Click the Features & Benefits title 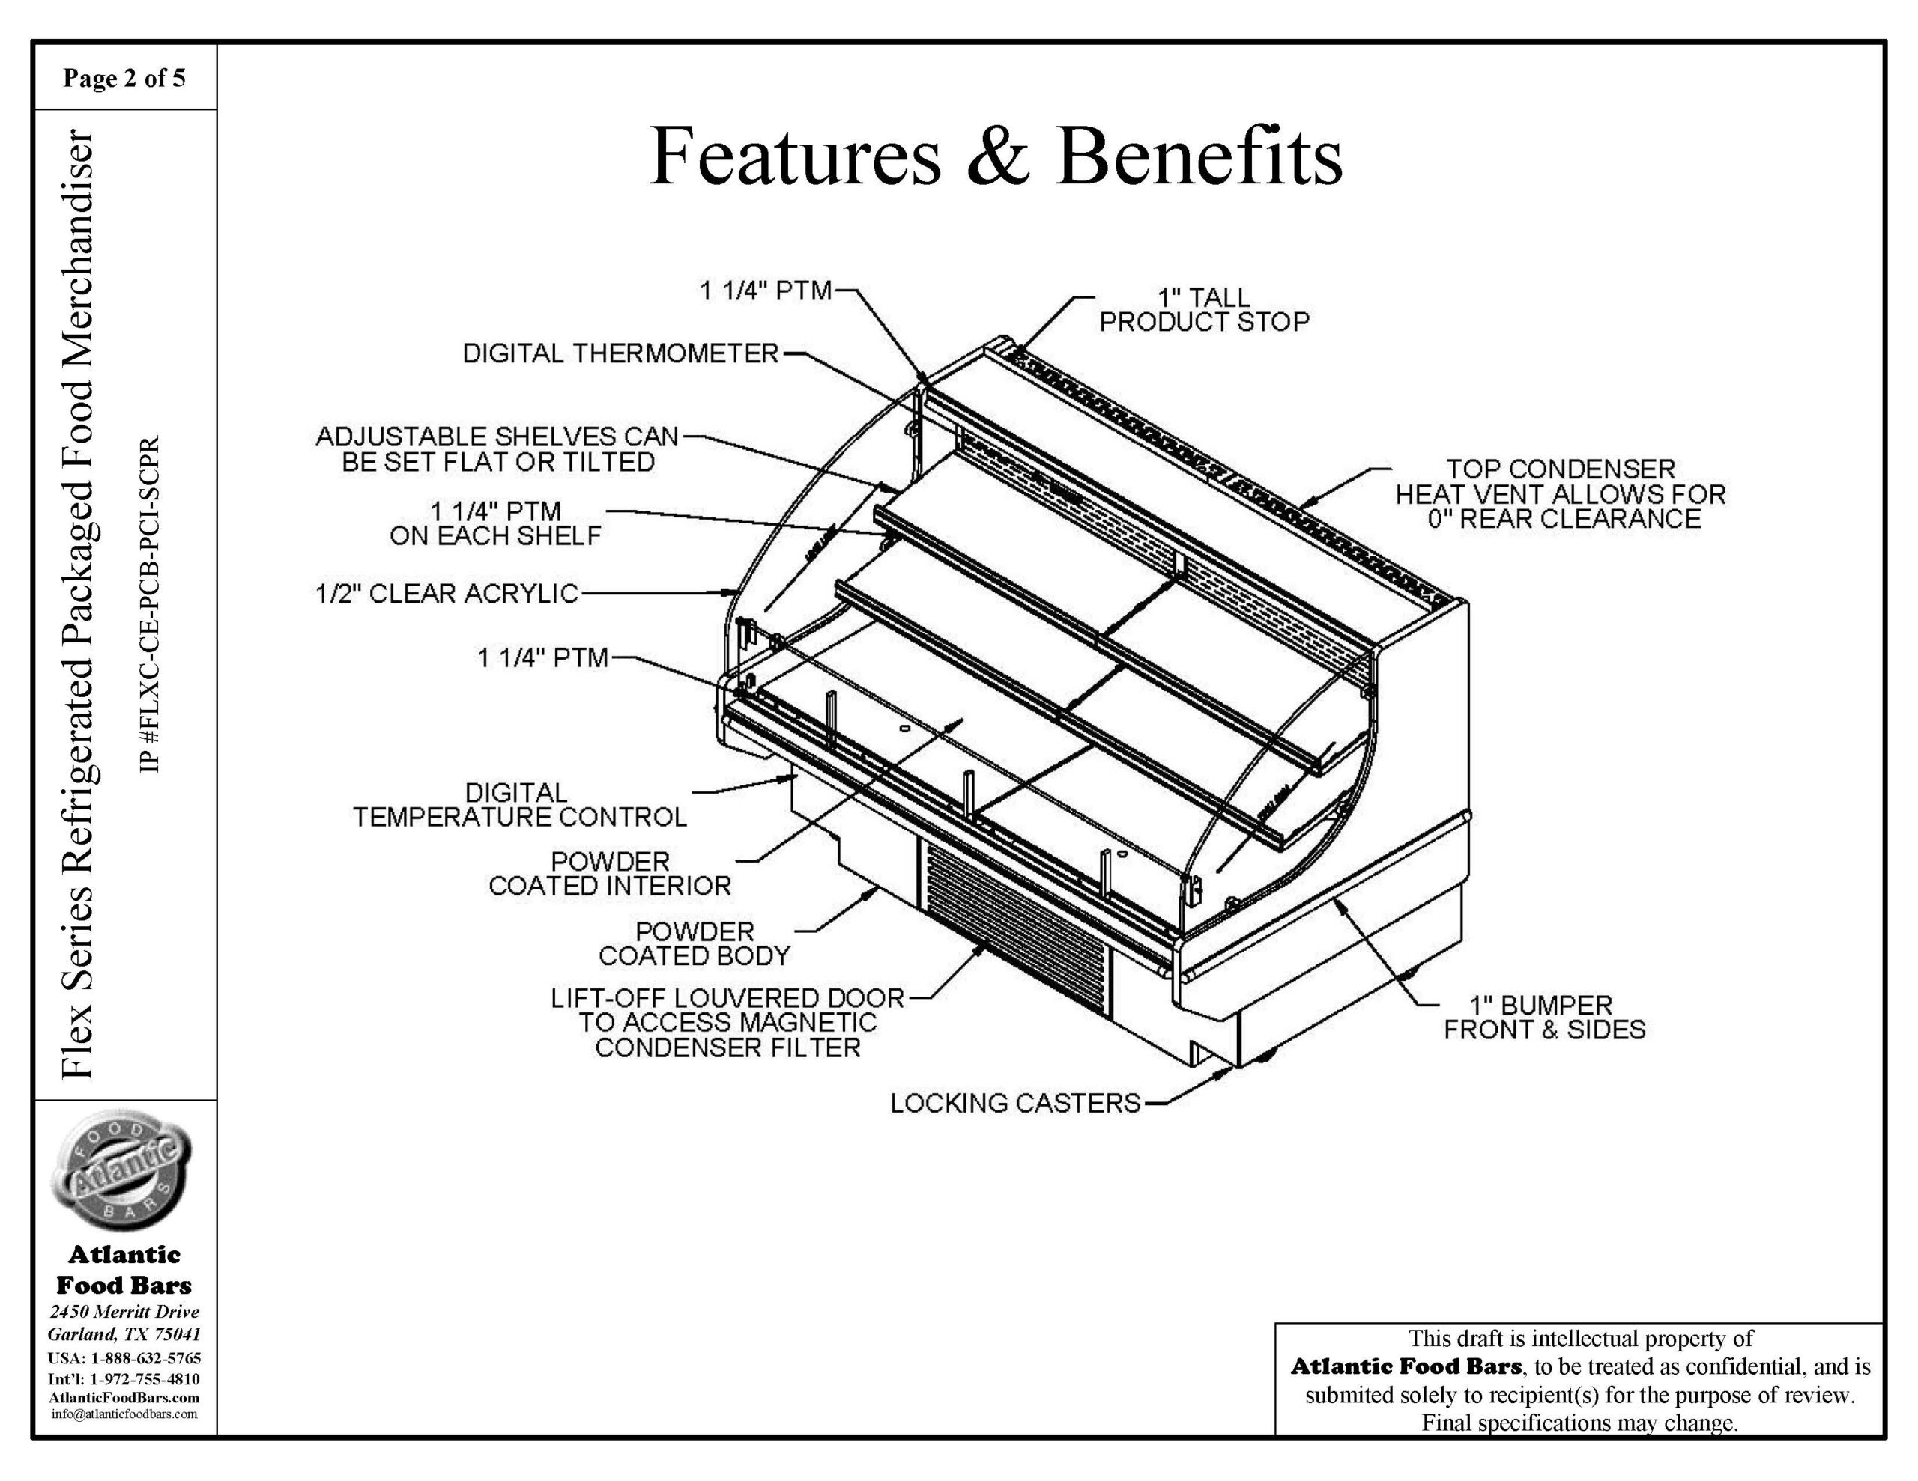[x=995, y=156]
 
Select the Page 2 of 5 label [x=124, y=78]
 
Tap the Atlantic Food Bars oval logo [x=124, y=1167]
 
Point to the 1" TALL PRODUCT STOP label [x=1203, y=310]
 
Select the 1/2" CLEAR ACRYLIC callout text [x=447, y=594]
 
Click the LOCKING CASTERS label [x=1015, y=1103]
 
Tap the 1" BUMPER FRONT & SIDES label [x=1544, y=1017]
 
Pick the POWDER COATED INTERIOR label [x=609, y=874]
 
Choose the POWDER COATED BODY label [x=694, y=943]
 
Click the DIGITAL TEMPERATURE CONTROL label [x=520, y=805]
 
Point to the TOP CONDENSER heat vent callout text [x=1560, y=493]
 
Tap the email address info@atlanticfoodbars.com [x=124, y=1414]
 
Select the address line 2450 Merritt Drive [x=124, y=1312]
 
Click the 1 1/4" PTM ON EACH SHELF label [x=496, y=523]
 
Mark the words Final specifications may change [x=1579, y=1422]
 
